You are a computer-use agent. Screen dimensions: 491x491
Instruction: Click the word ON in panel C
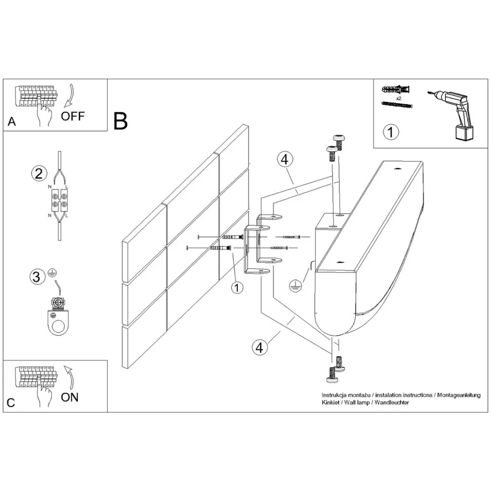click(70, 397)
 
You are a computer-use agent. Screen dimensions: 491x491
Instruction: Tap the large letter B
click(120, 120)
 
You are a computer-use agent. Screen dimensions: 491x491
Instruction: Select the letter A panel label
click(12, 122)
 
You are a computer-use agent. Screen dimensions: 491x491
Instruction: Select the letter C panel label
click(12, 403)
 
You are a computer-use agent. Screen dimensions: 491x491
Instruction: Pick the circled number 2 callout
click(37, 174)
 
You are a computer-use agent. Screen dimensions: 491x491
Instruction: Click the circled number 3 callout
click(36, 277)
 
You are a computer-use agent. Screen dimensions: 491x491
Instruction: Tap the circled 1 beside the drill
click(390, 133)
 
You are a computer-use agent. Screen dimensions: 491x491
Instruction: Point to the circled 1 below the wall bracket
click(236, 288)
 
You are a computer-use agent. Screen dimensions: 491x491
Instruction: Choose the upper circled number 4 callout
click(285, 159)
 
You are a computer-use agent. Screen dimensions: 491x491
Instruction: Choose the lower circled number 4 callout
click(259, 348)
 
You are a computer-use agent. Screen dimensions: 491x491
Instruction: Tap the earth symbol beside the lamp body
click(294, 287)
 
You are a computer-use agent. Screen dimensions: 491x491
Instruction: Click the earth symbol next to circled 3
click(52, 273)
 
